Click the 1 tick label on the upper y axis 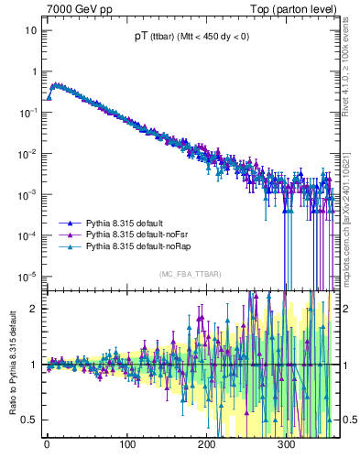tap(34, 71)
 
